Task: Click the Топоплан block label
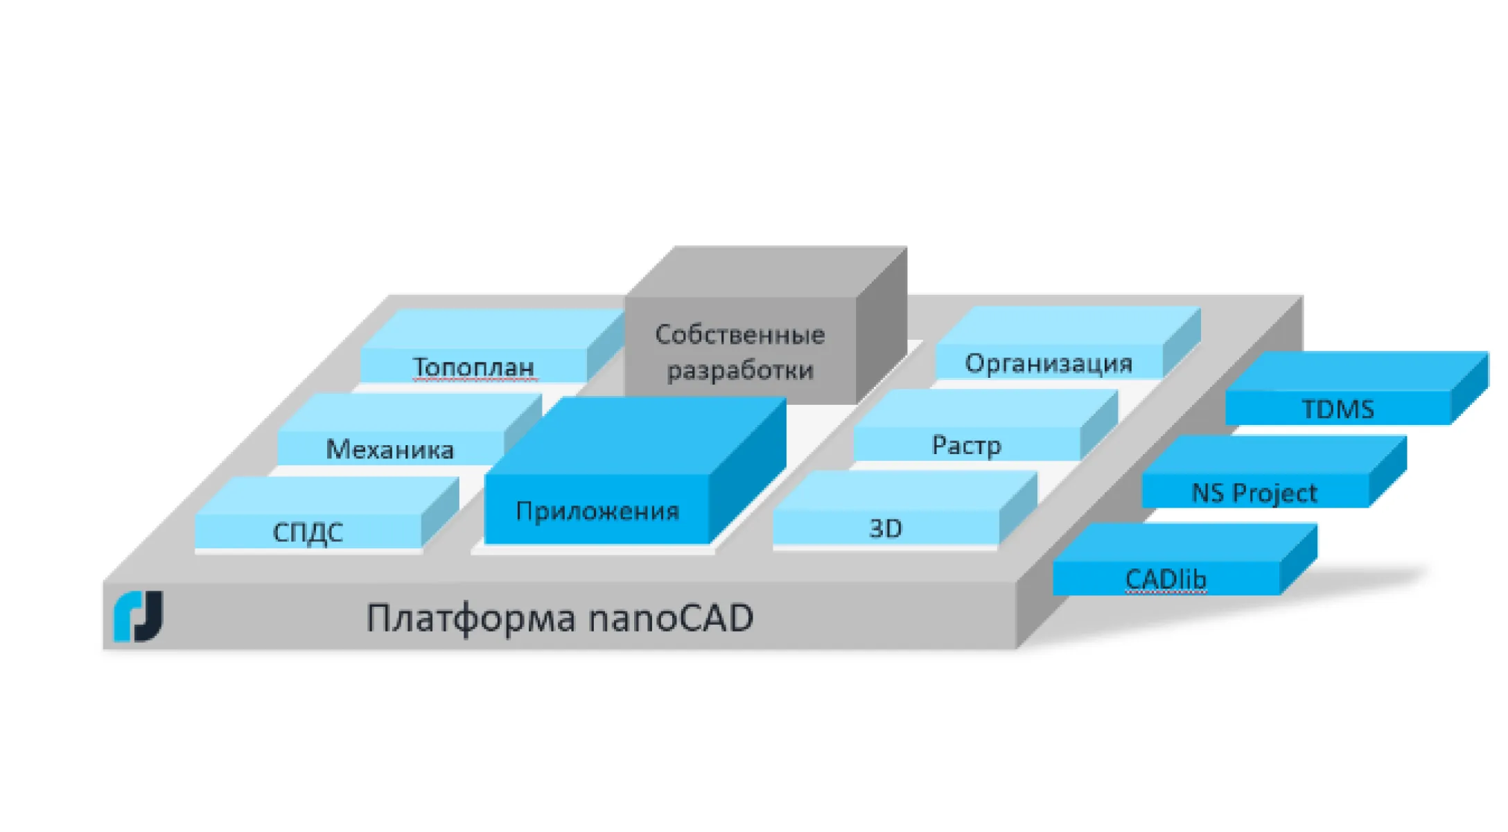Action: click(x=473, y=366)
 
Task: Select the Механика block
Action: click(x=390, y=449)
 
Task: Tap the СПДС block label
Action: click(x=308, y=532)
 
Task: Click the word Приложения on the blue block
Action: click(x=597, y=511)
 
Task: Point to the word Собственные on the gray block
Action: click(x=739, y=335)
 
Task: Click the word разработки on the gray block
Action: click(x=739, y=370)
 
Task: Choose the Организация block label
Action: click(x=1048, y=363)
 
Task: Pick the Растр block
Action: click(x=966, y=445)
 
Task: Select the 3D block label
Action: click(x=886, y=529)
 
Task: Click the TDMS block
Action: click(x=1338, y=409)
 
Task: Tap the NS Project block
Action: click(x=1254, y=492)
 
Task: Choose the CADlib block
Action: click(x=1166, y=579)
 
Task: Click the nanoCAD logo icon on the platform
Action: click(x=139, y=616)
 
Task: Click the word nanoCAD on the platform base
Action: click(x=670, y=618)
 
